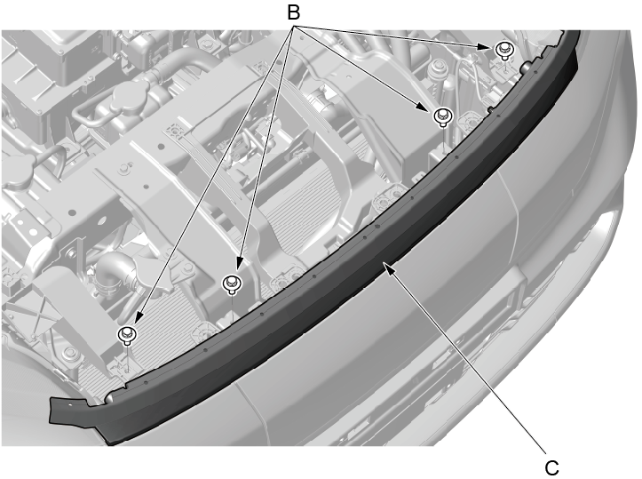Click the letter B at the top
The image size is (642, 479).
293,12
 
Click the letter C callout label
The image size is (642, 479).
552,467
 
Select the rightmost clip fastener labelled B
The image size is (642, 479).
503,51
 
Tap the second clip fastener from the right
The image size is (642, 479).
442,116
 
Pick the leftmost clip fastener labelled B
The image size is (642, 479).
127,335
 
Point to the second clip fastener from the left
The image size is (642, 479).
232,283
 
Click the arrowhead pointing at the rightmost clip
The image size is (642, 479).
483,47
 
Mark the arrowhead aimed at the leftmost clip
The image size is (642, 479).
139,317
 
